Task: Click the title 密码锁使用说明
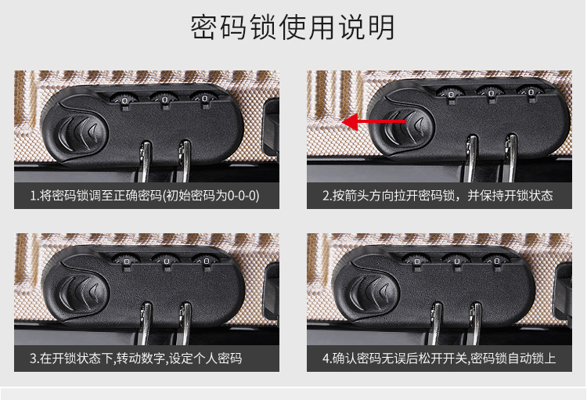point(293,27)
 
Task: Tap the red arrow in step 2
point(374,121)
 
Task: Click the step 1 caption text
point(145,196)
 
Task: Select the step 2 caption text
point(438,196)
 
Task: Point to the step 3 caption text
point(136,359)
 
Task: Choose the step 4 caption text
point(439,359)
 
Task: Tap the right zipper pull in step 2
point(510,157)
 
